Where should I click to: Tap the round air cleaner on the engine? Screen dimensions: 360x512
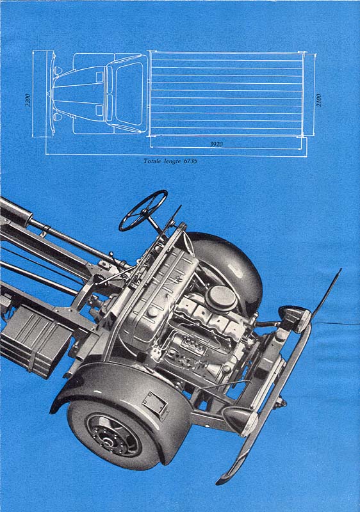[222, 298]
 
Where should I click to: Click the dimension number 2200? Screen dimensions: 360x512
[28, 100]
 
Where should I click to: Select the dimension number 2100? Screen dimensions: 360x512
[319, 100]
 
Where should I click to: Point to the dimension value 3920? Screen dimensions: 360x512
[217, 143]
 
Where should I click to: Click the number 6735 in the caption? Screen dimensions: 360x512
[190, 161]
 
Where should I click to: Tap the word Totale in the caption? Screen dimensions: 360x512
[152, 161]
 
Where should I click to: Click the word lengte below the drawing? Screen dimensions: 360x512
[172, 161]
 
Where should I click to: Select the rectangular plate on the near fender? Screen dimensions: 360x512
[155, 406]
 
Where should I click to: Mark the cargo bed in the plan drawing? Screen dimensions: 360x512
[226, 94]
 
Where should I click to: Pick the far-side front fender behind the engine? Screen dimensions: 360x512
[229, 268]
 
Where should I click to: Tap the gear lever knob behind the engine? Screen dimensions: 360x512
[111, 253]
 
